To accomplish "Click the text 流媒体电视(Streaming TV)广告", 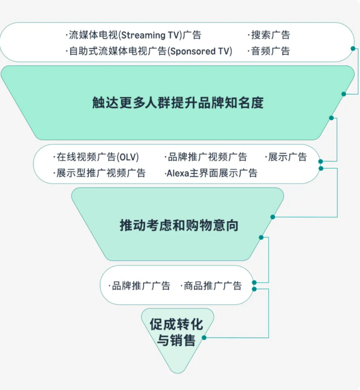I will tap(134, 35).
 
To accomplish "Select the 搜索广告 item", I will tap(269, 35).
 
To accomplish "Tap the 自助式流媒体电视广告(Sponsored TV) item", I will tap(150, 51).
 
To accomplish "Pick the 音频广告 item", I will tap(269, 51).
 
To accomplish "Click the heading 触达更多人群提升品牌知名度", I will tap(178, 103).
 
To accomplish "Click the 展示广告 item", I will tap(286, 157).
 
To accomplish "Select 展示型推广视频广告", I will tap(100, 173).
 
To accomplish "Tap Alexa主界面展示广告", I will tap(211, 173).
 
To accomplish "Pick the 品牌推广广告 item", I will tap(140, 286).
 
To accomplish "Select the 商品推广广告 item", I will tap(212, 286).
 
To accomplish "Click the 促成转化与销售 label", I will tap(176, 332).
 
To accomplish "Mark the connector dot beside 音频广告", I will tap(353, 48).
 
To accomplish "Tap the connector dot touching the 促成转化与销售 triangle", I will tap(204, 338).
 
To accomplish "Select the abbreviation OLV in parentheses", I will tap(128, 157).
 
